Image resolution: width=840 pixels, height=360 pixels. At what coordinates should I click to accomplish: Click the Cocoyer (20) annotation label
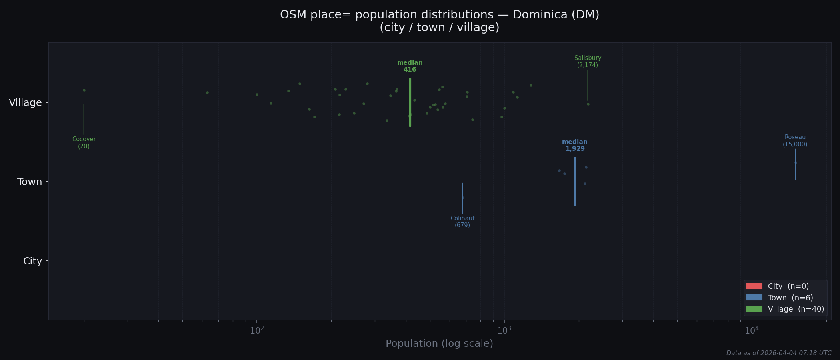click(84, 143)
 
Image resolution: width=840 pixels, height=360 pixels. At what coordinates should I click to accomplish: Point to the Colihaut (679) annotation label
click(462, 222)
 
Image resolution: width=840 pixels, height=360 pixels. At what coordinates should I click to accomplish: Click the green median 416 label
click(410, 66)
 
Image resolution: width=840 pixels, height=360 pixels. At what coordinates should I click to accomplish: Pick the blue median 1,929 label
click(575, 145)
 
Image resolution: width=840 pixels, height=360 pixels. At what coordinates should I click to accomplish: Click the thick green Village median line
click(410, 102)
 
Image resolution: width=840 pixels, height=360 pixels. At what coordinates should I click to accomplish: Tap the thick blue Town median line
click(575, 182)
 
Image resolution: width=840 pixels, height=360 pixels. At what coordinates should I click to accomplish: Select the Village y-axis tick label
click(25, 103)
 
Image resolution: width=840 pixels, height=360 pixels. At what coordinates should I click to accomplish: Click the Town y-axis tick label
click(30, 182)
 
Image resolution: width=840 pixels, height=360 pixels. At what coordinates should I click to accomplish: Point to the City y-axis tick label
click(32, 261)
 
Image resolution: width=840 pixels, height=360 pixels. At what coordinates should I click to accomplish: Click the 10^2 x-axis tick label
click(257, 330)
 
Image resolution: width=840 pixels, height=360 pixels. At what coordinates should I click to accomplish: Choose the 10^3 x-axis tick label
click(504, 330)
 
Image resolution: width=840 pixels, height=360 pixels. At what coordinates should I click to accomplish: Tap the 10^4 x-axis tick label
click(752, 330)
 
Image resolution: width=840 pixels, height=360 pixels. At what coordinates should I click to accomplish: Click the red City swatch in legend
click(754, 286)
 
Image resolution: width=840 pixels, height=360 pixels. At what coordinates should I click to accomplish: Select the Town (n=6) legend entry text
click(790, 298)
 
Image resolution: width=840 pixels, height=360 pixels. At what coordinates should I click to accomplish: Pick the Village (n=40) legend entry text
click(796, 309)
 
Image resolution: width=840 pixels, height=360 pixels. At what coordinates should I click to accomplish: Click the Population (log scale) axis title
click(439, 344)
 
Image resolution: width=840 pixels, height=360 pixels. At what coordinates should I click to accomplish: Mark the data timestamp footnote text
click(778, 353)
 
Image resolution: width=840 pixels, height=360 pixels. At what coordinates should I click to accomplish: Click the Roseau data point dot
click(796, 162)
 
